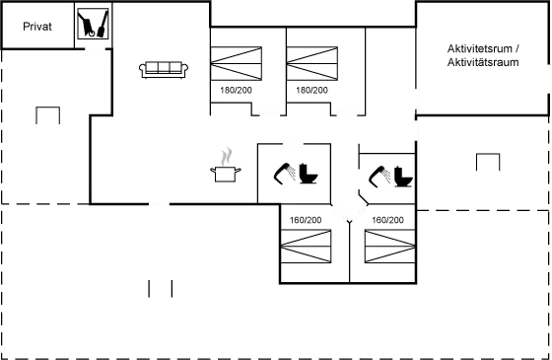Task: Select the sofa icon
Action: point(165,67)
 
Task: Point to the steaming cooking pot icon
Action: point(227,165)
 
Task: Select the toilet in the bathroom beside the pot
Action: point(307,175)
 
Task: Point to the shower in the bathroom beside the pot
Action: point(284,175)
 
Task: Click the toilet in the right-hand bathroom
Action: point(402,175)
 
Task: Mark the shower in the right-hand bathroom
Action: point(379,177)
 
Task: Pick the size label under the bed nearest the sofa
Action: point(237,91)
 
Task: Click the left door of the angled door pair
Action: point(340,213)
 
